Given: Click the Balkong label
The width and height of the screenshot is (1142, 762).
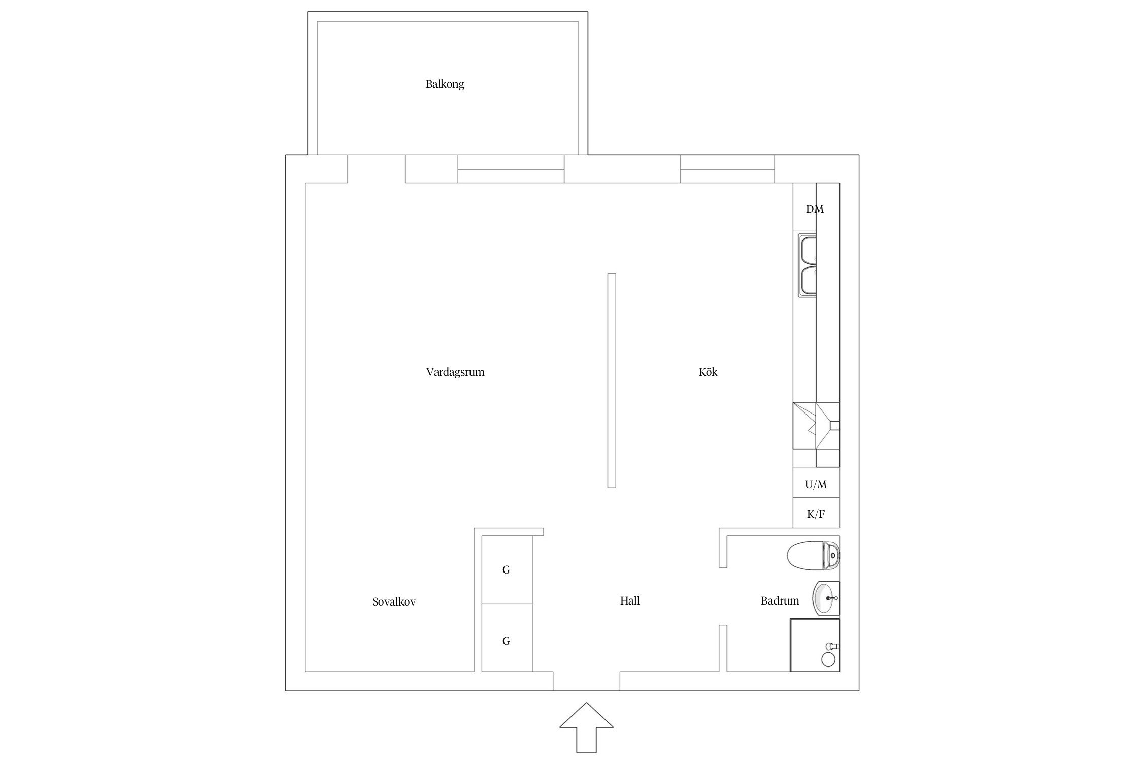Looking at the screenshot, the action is [445, 84].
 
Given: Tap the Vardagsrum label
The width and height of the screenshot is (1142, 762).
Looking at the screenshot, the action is [455, 372].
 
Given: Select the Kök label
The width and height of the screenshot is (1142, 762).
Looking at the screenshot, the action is [708, 372].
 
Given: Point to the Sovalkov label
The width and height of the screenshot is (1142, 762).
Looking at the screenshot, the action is [394, 602].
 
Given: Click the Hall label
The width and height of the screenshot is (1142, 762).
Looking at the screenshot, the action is [630, 600].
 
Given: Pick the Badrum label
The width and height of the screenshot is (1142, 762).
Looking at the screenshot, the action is [780, 601].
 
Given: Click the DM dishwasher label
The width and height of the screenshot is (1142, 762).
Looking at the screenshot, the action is [815, 209].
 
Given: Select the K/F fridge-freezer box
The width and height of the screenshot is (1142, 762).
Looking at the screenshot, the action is [816, 513].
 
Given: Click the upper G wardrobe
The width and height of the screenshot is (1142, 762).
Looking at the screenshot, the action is [507, 569].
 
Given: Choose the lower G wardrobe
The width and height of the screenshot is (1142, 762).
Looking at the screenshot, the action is [507, 638].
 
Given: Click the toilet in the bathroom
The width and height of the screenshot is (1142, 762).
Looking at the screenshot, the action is [814, 555].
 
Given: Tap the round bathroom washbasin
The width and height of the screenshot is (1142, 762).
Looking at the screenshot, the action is [826, 598].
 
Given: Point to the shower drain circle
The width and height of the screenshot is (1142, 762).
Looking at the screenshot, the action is [828, 659].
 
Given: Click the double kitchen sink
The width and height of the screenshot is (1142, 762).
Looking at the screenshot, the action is [808, 265].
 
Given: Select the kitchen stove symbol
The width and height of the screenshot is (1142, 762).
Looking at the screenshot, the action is [816, 426].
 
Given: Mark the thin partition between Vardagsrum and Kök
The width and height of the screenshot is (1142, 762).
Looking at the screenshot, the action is [612, 380].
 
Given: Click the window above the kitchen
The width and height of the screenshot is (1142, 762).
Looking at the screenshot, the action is [727, 169].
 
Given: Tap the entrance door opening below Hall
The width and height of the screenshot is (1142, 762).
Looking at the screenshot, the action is [586, 681].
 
